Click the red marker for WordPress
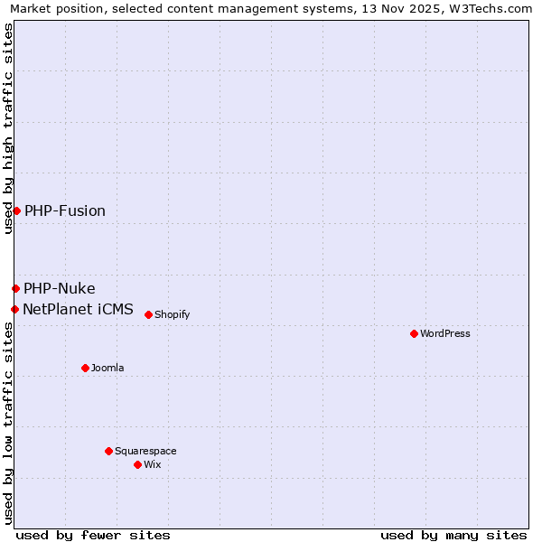414,333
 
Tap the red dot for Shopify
148,314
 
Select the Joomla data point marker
85,368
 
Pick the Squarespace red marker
108,451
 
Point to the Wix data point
137,464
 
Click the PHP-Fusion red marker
16,210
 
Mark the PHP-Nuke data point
15,288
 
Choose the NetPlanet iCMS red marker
14,309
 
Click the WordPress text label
444,333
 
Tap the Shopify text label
172,314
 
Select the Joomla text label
107,368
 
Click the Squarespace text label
145,451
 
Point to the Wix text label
152,464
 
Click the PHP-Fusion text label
65,210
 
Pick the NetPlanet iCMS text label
78,309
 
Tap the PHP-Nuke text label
60,288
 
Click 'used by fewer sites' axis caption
93,535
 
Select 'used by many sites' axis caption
453,535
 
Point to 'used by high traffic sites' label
8,128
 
